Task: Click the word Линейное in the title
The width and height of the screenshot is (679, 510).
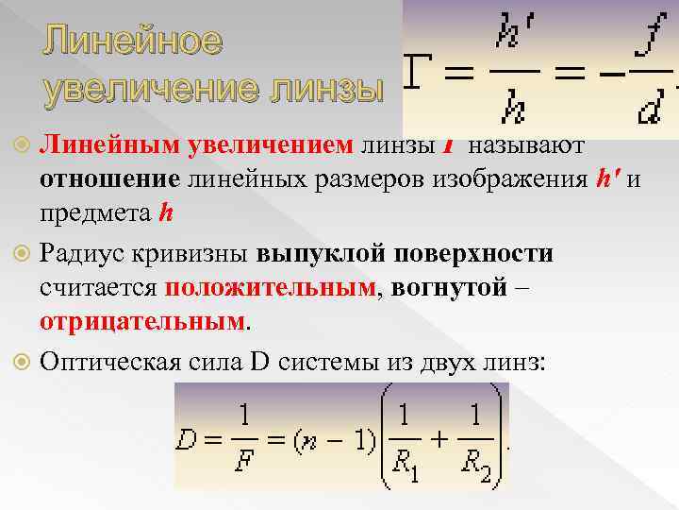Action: coord(131,42)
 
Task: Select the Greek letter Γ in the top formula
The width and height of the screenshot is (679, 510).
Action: coord(422,69)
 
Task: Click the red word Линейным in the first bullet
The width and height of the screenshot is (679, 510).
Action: coord(105,144)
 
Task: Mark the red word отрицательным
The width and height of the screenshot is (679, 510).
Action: coord(141,322)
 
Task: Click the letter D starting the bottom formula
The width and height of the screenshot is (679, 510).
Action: coord(186,440)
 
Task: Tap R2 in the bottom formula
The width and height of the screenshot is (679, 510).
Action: coord(479,466)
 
